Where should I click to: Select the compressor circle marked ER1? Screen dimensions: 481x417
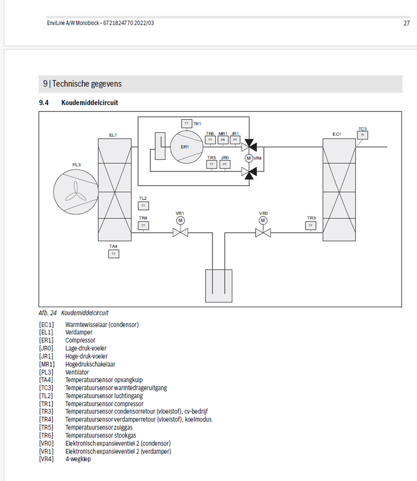tap(184, 147)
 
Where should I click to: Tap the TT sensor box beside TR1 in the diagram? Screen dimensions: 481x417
tap(186, 123)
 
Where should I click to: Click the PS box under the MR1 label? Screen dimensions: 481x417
tap(223, 139)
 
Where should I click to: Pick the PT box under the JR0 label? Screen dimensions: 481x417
tap(224, 164)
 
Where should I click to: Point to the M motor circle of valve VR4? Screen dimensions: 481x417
tap(248, 158)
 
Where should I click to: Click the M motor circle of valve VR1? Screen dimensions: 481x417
tap(179, 221)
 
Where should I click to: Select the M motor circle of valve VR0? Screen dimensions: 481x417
tap(263, 221)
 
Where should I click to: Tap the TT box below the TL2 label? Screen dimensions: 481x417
tap(143, 206)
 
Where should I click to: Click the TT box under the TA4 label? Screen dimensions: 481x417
tap(113, 254)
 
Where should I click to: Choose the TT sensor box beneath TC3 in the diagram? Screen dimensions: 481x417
tap(362, 135)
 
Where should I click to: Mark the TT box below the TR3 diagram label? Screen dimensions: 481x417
tap(310, 225)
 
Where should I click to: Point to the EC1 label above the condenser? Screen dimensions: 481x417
tap(336, 135)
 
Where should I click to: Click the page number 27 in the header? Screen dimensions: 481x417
tap(406, 23)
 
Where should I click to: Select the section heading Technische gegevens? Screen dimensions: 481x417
tap(82, 84)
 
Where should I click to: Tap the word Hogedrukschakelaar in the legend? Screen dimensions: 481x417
tap(91, 364)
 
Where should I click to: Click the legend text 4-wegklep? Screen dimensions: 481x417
tap(78, 458)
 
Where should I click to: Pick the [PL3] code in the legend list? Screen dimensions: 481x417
tap(46, 372)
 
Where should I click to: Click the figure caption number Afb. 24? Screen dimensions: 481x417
tap(48, 313)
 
